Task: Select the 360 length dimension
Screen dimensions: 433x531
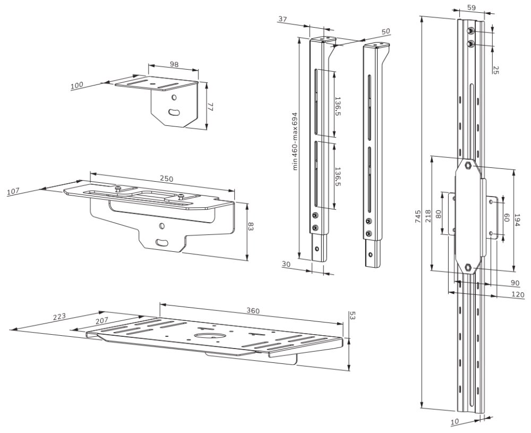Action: [x=253, y=311]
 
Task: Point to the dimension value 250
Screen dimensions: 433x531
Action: [x=167, y=179]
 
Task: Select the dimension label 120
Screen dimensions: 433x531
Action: [x=518, y=294]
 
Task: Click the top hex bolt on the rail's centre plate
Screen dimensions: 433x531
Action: [x=468, y=165]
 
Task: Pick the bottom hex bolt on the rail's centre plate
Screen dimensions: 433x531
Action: [x=468, y=267]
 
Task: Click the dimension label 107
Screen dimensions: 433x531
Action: [x=14, y=191]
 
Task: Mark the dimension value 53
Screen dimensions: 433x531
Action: [x=352, y=315]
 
